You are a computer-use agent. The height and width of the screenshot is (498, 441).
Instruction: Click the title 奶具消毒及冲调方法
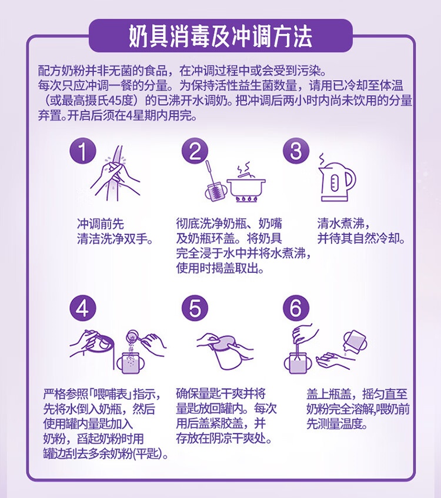coord(220,36)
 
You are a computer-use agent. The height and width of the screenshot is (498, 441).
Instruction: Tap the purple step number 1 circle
coord(82,151)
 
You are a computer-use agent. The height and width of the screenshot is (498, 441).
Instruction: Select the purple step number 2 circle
coord(195,151)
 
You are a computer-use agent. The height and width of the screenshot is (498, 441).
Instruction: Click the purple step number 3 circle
coord(296,151)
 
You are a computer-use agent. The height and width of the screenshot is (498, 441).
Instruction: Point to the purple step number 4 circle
coord(82,308)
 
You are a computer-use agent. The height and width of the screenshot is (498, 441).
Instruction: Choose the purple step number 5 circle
coord(195,308)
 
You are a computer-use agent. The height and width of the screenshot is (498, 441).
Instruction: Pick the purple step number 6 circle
coord(296,308)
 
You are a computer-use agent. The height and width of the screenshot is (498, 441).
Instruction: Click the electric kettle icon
coord(336,179)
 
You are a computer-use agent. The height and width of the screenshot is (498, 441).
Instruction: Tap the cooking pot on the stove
coord(247,186)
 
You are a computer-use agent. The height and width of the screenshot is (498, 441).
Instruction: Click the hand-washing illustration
coord(115,174)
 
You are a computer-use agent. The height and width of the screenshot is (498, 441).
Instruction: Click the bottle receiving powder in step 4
coord(129,362)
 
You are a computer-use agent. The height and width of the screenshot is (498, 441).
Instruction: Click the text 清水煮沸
coord(340,224)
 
